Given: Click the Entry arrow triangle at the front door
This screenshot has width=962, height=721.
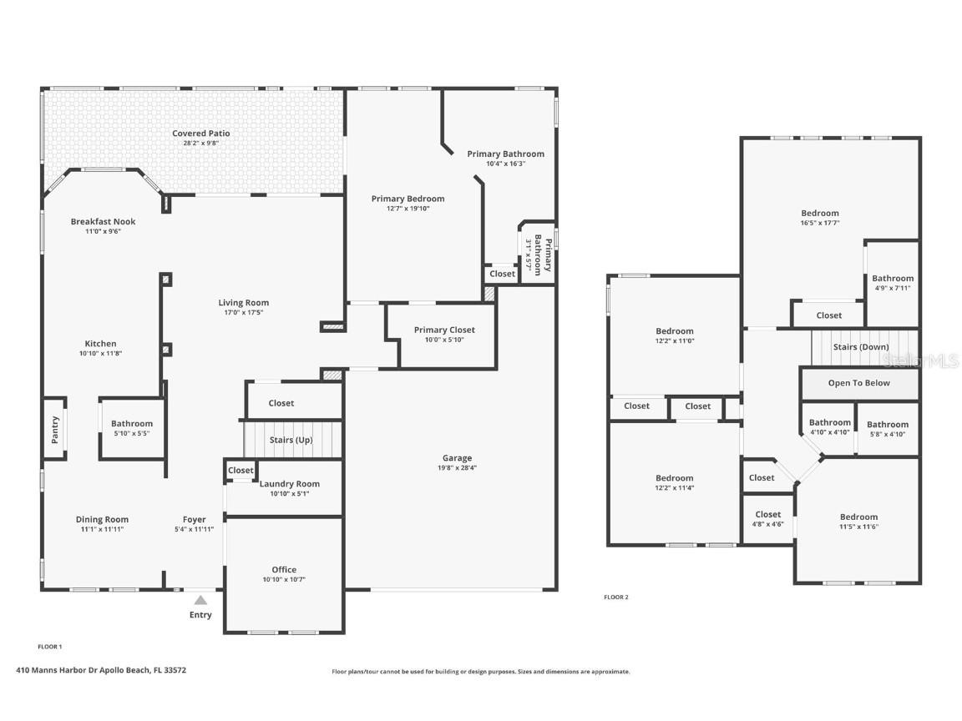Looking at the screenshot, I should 200,599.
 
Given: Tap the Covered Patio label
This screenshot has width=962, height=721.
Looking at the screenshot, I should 200,134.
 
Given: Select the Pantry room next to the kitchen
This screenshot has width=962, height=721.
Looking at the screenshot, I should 55,429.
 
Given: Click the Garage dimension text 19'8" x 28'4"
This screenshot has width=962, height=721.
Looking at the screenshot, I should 457,468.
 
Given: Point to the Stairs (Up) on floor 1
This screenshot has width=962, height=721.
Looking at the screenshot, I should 291,440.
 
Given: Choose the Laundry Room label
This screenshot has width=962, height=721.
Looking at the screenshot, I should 289,484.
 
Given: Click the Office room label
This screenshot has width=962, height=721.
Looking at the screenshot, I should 284,570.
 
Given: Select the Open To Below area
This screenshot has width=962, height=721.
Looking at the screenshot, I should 858,383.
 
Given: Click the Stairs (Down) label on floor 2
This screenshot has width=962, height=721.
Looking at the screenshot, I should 861,347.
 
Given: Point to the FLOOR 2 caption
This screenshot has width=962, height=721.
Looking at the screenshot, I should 616,597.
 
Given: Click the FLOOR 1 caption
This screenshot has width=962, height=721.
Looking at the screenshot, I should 50,647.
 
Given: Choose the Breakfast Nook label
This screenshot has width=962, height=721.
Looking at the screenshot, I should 103,222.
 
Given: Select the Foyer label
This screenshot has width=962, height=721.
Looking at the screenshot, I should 195,520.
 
